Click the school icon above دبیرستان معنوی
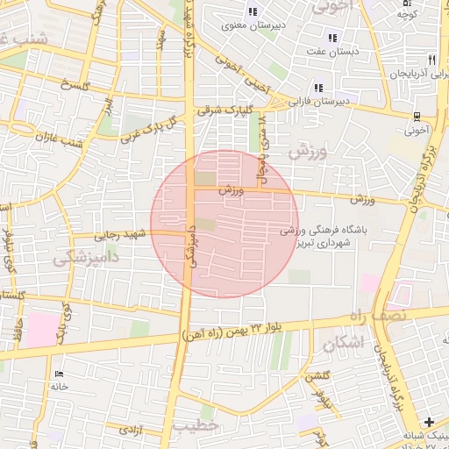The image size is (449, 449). click(x=253, y=11)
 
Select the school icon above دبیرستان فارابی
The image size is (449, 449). click(x=317, y=88)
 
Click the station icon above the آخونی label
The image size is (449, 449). click(x=418, y=116)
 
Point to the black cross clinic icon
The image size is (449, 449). click(x=429, y=422)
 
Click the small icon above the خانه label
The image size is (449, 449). click(x=60, y=374)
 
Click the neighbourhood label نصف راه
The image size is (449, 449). click(x=415, y=315)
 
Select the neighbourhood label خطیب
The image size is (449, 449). click(x=194, y=426)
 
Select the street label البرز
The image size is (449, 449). click(x=108, y=107)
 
